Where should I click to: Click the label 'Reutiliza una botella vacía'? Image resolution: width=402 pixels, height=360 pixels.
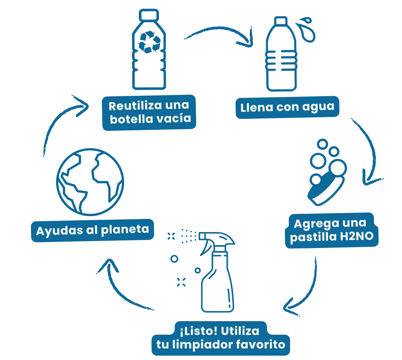(x=149, y=112)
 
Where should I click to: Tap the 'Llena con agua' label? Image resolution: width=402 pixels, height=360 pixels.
(x=287, y=107)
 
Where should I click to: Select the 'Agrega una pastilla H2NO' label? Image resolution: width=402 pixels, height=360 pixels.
(x=332, y=231)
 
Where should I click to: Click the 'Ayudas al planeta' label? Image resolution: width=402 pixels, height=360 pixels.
(x=92, y=230)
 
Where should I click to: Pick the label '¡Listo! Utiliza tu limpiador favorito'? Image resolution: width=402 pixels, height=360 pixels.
(x=218, y=338)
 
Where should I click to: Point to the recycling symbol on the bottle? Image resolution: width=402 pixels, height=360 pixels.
(x=148, y=42)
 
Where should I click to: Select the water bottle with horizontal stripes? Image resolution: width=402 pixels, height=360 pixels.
(x=282, y=56)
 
